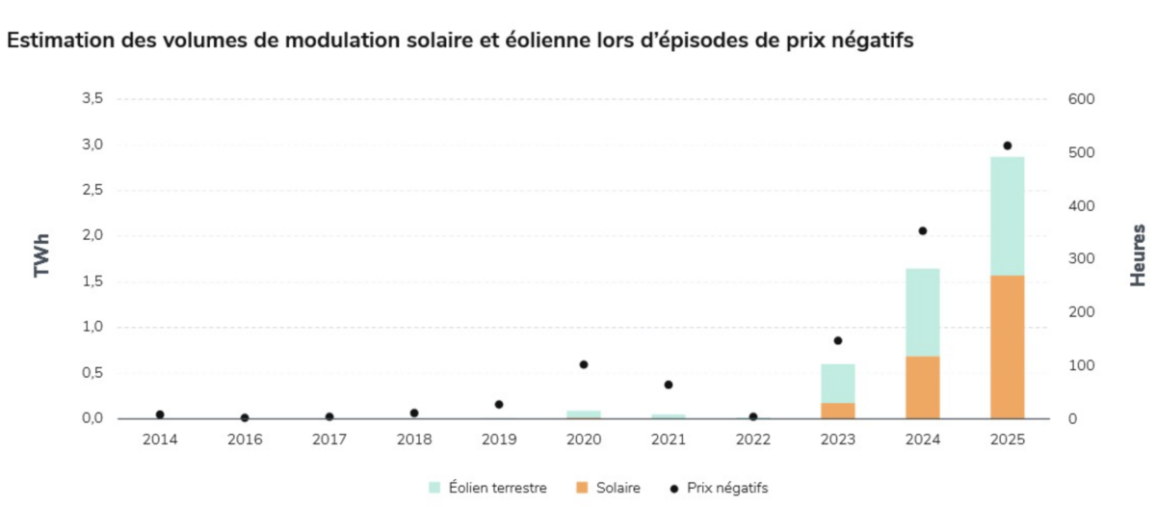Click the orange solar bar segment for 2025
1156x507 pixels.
point(1007,347)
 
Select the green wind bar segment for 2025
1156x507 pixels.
point(1007,216)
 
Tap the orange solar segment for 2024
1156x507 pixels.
point(922,387)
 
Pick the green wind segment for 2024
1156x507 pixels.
point(922,312)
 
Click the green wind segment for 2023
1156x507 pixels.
point(837,383)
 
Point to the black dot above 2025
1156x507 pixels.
point(1007,146)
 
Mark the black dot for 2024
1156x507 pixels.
point(922,231)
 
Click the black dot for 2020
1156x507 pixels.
point(584,364)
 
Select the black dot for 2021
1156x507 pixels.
point(669,385)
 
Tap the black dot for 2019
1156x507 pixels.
point(499,405)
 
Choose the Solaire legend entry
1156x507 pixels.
point(609,489)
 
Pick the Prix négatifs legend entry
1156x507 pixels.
point(720,489)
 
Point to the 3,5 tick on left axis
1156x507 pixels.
point(92,99)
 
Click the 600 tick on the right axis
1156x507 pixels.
point(1081,99)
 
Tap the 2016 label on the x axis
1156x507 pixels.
point(245,440)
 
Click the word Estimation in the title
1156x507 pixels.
point(57,41)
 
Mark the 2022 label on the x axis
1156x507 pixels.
point(753,440)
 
